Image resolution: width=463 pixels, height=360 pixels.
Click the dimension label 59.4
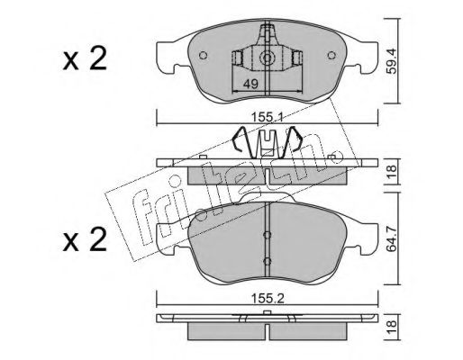pos(392,61)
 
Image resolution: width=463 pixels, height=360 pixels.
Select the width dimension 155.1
pos(268,116)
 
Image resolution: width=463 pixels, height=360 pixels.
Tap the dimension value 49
pos(250,85)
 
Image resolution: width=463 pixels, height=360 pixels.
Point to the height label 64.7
pos(392,239)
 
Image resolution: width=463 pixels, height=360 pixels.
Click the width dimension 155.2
pos(268,299)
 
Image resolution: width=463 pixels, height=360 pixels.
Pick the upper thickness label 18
pos(392,172)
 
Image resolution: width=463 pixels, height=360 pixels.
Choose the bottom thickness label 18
pos(392,327)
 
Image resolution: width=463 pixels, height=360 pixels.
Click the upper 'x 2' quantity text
pos(85,59)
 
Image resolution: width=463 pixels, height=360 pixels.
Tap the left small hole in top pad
pos(204,56)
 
